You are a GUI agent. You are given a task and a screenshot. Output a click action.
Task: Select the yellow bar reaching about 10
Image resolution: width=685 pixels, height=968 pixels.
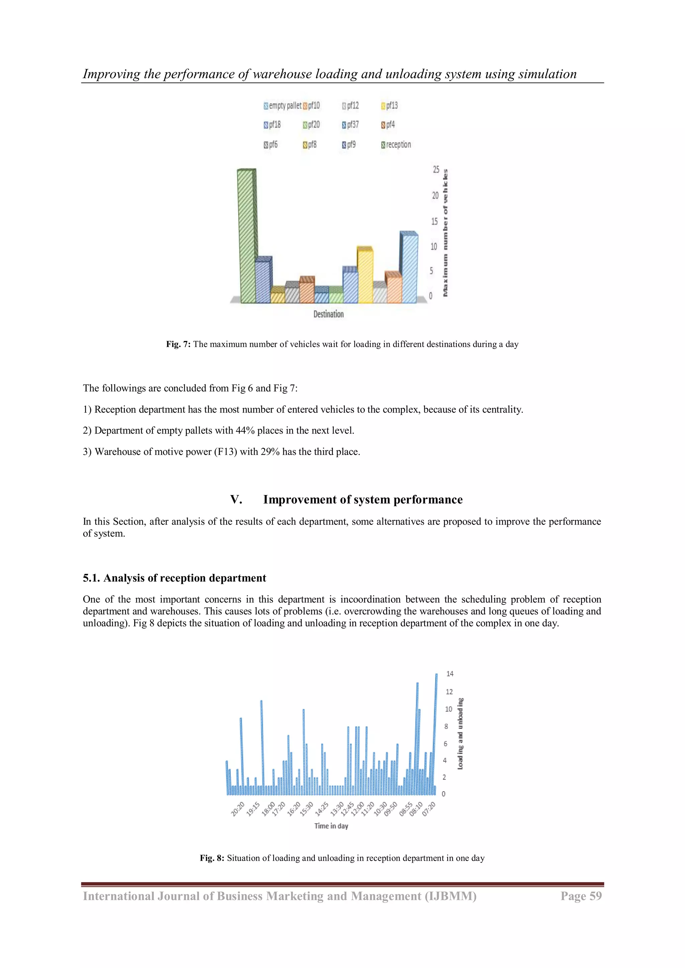click(x=365, y=276)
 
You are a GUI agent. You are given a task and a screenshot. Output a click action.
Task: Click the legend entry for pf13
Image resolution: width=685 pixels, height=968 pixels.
click(x=389, y=105)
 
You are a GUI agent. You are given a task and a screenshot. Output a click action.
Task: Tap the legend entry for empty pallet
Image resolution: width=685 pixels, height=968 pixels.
click(x=282, y=105)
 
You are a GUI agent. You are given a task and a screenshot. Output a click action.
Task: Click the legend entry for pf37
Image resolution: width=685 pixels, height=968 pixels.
click(x=351, y=125)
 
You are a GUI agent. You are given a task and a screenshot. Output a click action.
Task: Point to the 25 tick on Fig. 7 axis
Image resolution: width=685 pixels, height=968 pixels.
click(x=436, y=169)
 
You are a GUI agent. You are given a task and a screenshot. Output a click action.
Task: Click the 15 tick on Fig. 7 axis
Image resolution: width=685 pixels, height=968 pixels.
click(x=434, y=221)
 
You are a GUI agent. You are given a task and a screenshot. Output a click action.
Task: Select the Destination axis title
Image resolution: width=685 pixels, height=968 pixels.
click(x=328, y=314)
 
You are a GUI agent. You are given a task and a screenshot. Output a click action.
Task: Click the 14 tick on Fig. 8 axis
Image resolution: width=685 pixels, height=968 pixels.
click(x=450, y=674)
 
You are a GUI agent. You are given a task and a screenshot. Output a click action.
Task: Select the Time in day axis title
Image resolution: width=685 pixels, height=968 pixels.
click(x=331, y=826)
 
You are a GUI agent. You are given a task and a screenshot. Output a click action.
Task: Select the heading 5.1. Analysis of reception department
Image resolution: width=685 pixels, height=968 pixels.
click(x=174, y=578)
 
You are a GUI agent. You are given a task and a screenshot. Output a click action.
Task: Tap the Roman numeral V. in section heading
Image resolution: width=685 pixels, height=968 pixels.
click(x=236, y=500)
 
